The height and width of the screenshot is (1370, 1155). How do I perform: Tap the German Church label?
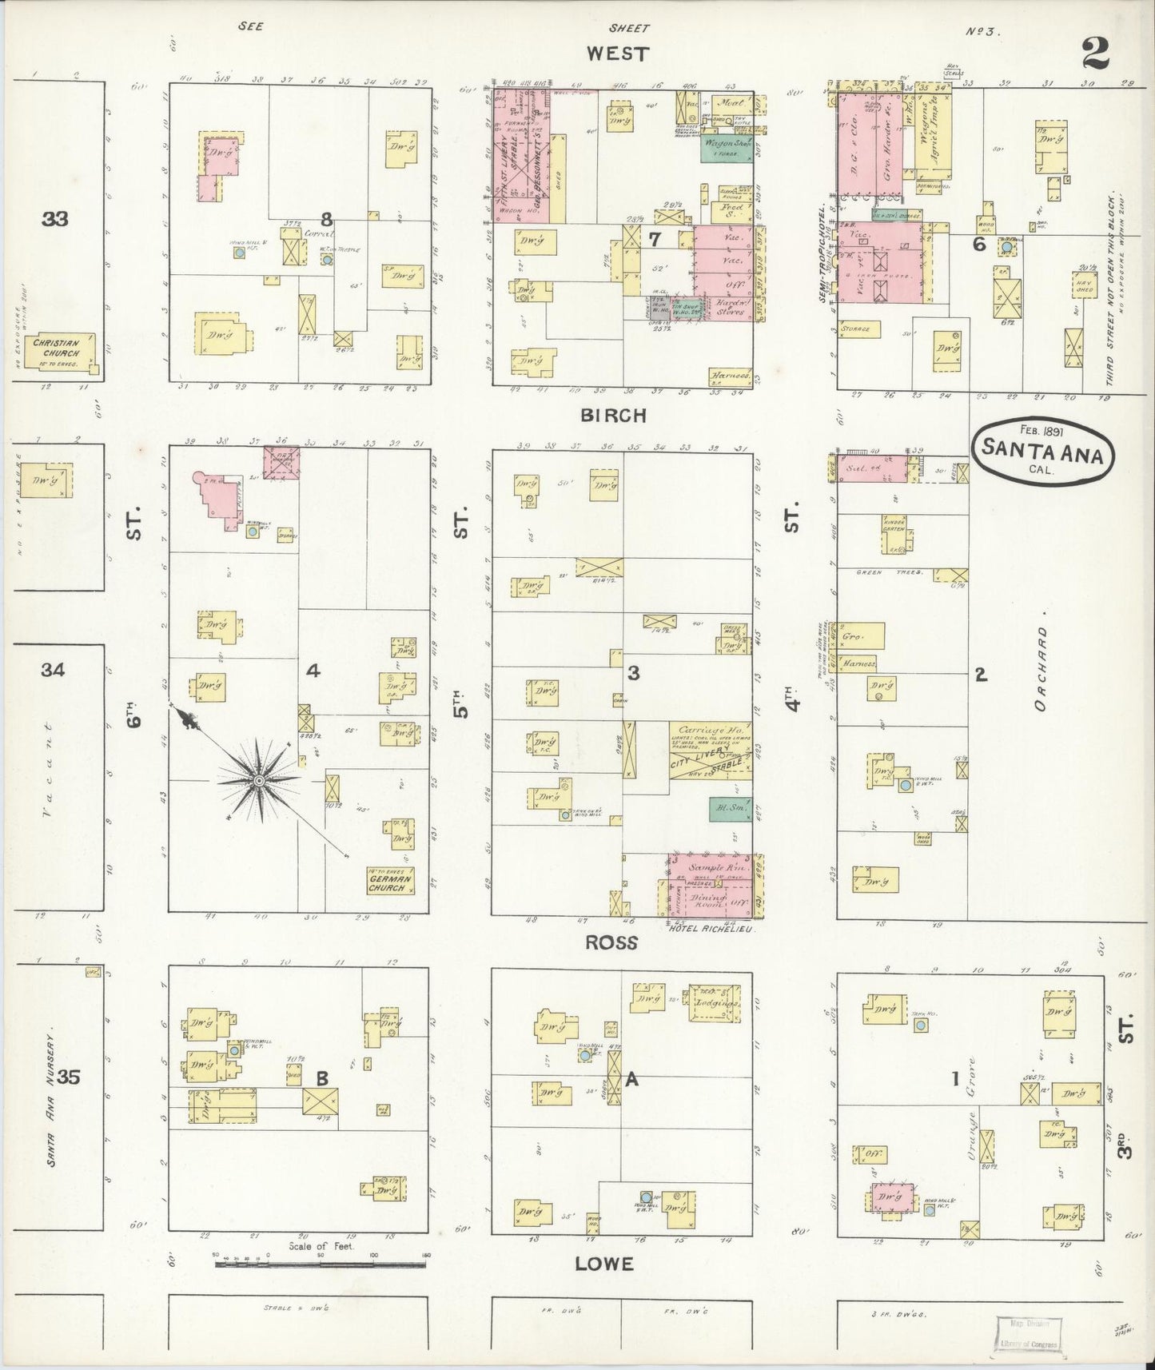point(390,882)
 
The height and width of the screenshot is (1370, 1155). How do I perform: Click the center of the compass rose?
point(260,779)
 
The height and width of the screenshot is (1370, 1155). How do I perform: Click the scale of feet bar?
point(320,1264)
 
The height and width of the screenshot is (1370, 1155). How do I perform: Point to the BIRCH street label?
point(614,416)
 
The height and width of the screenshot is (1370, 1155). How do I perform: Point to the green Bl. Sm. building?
point(730,809)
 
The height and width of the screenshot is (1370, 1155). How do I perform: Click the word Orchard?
point(1039,667)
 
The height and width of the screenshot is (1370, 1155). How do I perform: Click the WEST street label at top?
point(617,54)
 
